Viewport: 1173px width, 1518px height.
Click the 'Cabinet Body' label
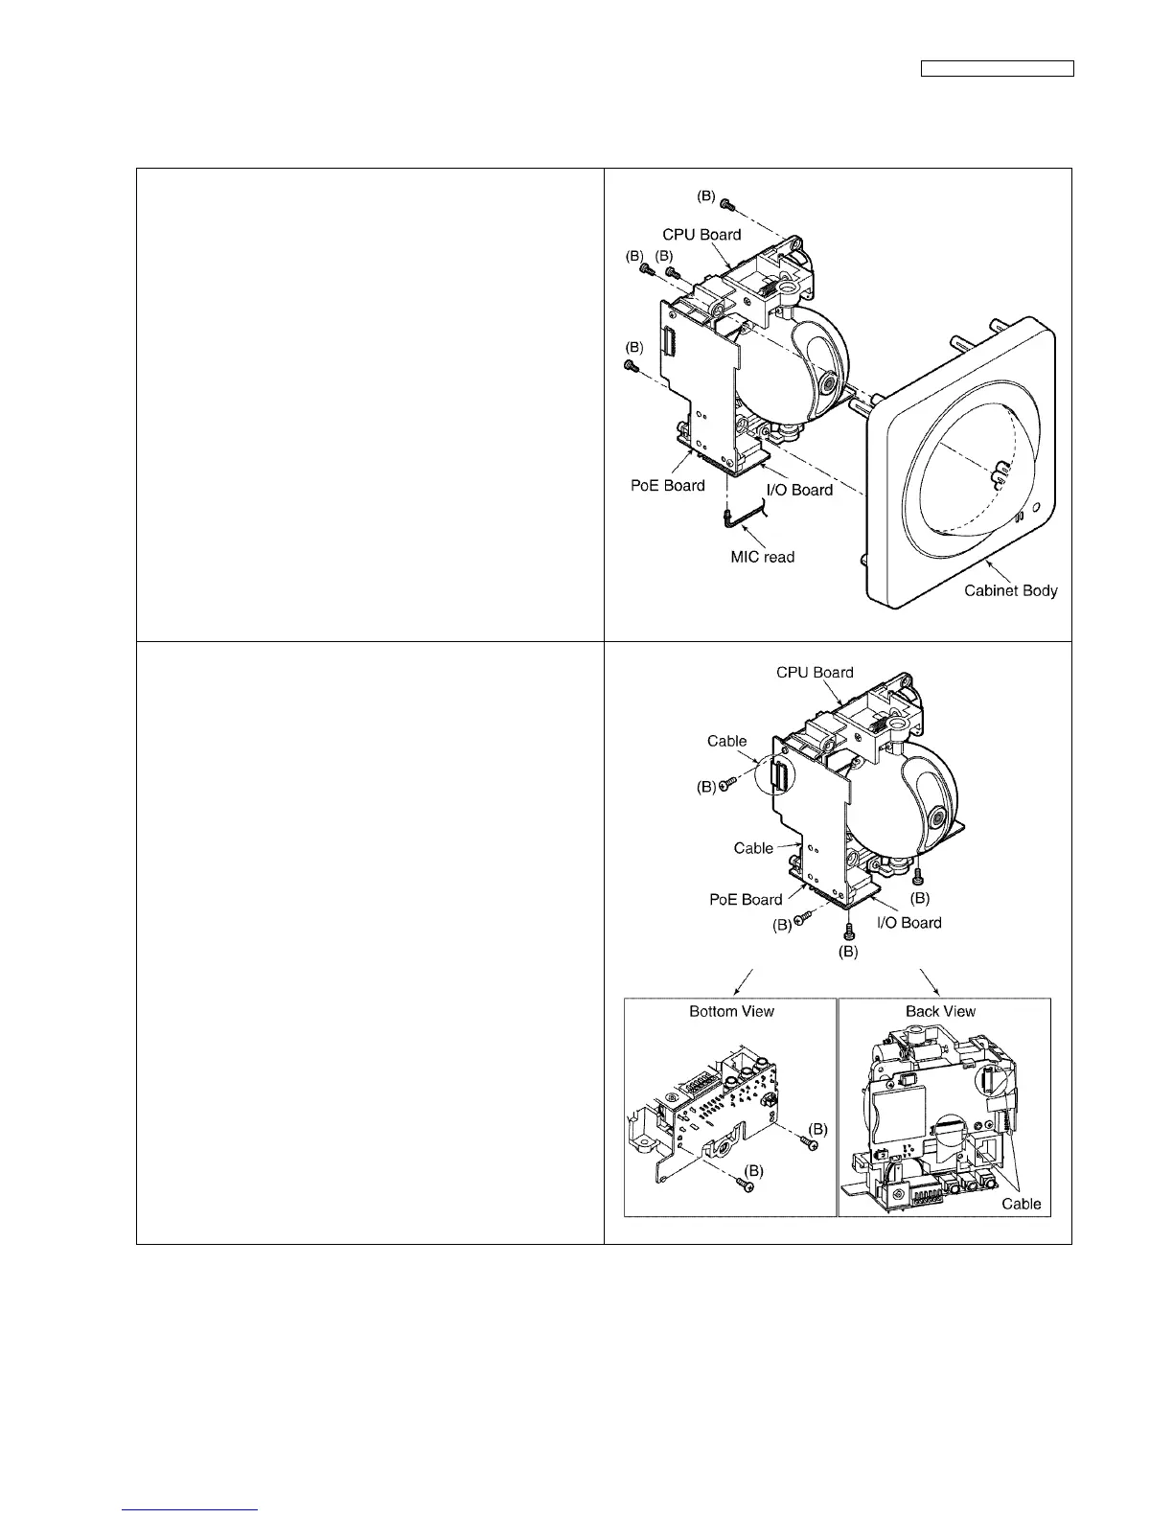point(1010,590)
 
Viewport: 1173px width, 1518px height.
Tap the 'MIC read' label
point(762,557)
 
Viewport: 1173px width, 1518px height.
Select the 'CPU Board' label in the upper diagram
point(701,235)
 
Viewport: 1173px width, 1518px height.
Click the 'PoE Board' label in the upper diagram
point(666,485)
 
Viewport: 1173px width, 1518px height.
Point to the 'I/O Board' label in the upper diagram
point(799,490)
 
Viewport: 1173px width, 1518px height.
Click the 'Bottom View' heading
point(731,1011)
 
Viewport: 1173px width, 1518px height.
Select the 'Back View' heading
point(940,1011)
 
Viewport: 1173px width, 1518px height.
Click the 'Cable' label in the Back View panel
point(1021,1204)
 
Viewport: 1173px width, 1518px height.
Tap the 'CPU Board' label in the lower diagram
point(815,673)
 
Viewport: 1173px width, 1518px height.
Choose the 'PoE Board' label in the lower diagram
point(746,900)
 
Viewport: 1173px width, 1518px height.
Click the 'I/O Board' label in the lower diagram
point(908,923)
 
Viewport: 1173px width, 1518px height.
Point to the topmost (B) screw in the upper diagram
point(726,203)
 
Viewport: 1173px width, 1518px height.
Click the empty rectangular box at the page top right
point(997,68)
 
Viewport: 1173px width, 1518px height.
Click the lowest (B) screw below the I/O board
point(847,932)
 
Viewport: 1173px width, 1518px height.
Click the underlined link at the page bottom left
point(192,1510)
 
